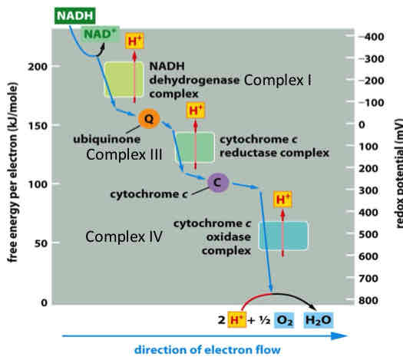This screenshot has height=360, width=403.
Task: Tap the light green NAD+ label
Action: (x=100, y=33)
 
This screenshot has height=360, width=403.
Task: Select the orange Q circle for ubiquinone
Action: (x=149, y=118)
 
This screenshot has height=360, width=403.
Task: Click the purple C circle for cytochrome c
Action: (x=218, y=182)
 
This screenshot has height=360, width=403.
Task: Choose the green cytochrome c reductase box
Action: (x=195, y=147)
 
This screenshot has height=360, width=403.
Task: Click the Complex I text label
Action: (x=279, y=81)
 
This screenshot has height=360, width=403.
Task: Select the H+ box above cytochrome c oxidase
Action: (x=283, y=200)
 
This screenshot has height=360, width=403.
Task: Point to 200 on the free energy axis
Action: (x=38, y=66)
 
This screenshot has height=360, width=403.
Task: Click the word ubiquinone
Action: (x=104, y=140)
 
